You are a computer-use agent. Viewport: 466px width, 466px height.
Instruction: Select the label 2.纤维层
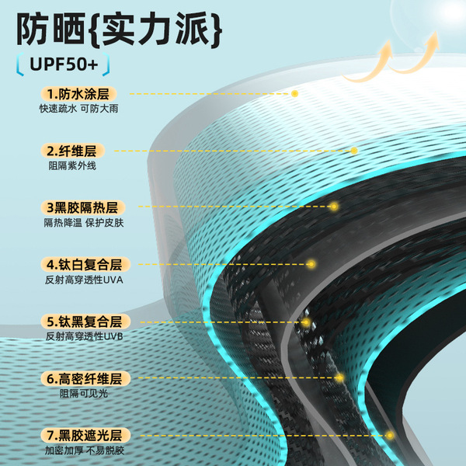75,151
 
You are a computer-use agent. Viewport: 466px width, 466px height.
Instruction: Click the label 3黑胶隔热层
83,207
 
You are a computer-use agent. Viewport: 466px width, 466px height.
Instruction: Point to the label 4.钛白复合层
83,264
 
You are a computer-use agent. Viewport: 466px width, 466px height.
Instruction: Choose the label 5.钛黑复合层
83,321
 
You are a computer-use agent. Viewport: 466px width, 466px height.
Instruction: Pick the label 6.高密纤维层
83,378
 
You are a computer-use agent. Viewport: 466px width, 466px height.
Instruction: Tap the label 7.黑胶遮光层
83,435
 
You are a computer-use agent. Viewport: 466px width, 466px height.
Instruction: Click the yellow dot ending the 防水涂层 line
295,93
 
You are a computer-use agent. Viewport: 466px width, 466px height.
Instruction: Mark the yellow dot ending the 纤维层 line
354,151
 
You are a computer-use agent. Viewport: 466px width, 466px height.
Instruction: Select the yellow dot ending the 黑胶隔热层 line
334,207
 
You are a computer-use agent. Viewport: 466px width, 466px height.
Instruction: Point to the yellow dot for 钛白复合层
311,264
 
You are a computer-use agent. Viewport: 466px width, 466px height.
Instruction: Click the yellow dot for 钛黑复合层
306,322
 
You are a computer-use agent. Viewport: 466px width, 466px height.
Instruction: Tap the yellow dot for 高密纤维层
340,378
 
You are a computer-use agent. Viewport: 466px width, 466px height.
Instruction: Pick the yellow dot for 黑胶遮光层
390,436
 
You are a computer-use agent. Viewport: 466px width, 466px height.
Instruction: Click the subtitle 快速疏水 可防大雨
81,110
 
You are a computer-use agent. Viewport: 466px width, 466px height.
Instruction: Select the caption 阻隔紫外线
68,166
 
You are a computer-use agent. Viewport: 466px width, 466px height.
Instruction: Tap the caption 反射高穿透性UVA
84,280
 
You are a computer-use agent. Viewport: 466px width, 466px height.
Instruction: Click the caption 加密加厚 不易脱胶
84,451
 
